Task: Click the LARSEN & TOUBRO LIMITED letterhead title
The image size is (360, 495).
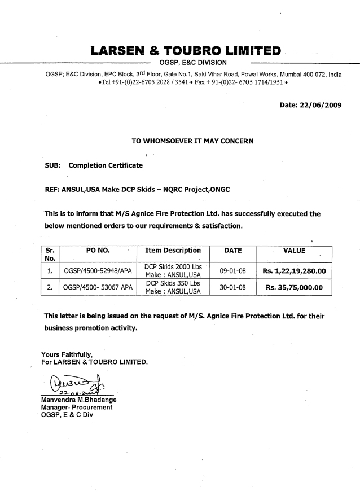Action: [186, 50]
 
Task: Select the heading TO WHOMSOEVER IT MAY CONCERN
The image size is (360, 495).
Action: [192, 141]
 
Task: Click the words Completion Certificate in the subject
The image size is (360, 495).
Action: [106, 165]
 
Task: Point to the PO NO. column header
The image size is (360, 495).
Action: [98, 251]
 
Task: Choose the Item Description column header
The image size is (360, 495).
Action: [173, 251]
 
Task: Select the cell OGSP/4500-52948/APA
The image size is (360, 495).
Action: [98, 271]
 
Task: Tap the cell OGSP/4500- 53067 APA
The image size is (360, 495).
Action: [98, 287]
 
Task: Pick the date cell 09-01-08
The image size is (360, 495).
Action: [232, 271]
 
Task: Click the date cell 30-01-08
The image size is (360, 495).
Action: [232, 287]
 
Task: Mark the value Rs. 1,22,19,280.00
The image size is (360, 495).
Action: [294, 271]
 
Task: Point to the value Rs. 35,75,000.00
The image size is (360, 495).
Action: [294, 287]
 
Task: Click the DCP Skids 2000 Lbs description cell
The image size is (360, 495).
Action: [173, 270]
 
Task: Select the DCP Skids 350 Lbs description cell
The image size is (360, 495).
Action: [173, 287]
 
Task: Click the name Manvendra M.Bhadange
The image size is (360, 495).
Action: [78, 400]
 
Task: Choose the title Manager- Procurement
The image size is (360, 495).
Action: [76, 408]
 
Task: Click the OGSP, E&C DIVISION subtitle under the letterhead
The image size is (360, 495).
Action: [193, 62]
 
